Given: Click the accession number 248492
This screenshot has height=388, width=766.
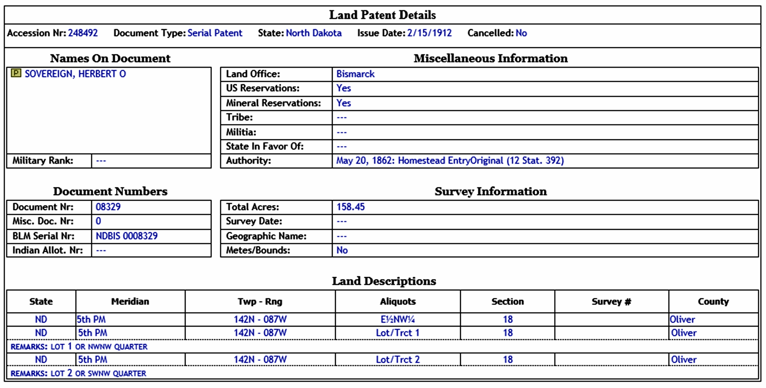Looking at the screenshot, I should point(83,33).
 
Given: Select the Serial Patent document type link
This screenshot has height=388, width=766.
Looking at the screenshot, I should point(215,33).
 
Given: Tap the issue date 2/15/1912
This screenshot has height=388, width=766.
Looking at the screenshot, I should point(429,33).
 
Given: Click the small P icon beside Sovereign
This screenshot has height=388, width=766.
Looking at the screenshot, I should point(16,73).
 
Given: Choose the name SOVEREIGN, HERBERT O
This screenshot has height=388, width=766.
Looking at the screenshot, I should point(75,74).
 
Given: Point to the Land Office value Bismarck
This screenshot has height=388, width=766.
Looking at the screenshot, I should point(355,74).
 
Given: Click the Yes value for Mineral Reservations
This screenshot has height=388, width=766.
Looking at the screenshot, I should point(343,103).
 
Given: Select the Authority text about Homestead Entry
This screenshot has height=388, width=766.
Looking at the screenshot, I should point(450,161).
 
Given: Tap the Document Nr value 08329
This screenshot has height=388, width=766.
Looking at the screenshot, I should point(108,207).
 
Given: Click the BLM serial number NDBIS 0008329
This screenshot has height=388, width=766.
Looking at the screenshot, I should point(126,236).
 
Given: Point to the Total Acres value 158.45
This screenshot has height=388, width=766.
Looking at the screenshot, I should point(350,207).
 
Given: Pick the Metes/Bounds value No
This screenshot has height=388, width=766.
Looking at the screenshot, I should point(342,250).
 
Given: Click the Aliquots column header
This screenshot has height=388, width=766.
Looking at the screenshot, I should point(398,301).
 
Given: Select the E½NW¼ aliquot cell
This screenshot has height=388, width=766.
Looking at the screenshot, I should point(398,319).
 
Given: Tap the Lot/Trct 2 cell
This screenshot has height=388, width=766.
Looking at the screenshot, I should point(398,359).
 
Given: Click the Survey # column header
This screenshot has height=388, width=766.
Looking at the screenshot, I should point(611,301).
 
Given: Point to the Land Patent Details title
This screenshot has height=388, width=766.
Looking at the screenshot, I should point(382,15).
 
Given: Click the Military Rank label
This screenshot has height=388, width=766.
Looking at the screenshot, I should point(43,161).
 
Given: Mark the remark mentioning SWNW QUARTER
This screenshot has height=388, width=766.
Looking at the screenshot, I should point(78,373).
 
